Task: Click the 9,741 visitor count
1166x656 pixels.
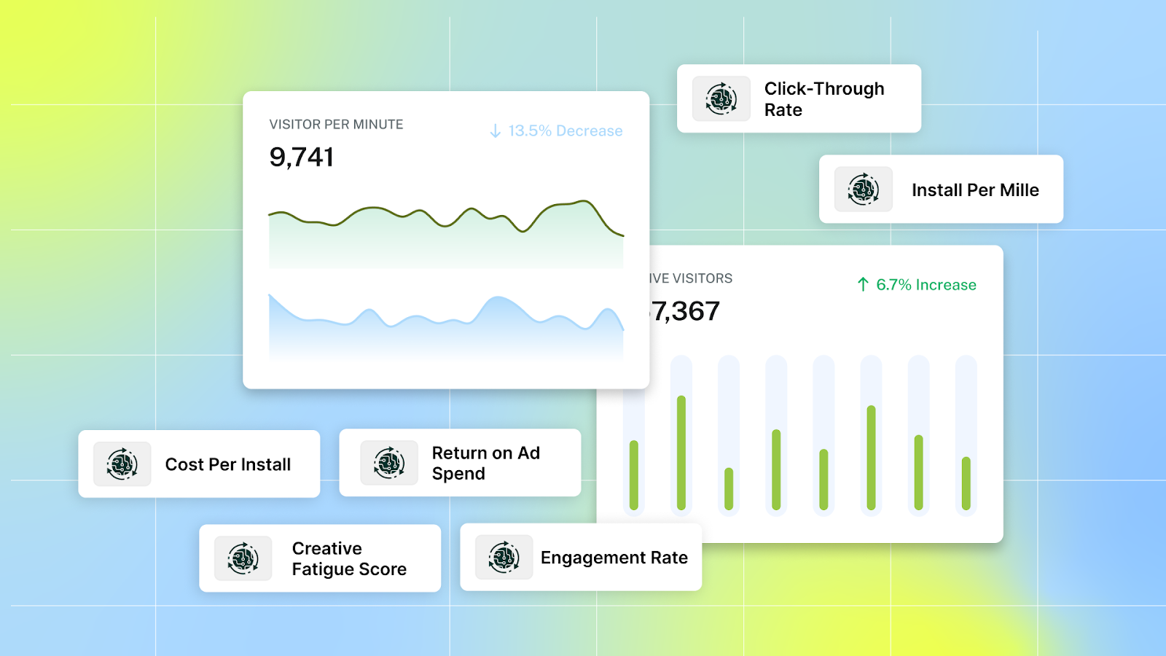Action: [302, 157]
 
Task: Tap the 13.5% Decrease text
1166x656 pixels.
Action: [565, 131]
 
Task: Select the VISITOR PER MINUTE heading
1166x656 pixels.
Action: [336, 125]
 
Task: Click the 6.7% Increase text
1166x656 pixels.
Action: [926, 285]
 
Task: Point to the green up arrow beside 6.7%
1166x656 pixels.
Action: [863, 284]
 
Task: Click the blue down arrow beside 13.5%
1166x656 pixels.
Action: [495, 131]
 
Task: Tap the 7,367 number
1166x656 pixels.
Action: [686, 312]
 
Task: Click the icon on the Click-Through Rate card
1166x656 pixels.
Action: [721, 99]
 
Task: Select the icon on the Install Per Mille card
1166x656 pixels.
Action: [863, 190]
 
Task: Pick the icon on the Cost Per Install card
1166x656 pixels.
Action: [122, 464]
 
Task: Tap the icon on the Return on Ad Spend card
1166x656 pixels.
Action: [389, 463]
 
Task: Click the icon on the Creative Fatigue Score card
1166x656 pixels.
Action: [243, 559]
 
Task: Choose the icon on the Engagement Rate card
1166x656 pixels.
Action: [504, 558]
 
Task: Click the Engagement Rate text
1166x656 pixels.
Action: [614, 558]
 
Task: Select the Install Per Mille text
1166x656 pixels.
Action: [975, 190]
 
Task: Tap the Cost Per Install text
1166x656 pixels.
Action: [227, 465]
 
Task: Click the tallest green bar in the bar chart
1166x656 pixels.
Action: [681, 452]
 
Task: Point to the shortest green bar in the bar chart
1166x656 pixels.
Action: [729, 488]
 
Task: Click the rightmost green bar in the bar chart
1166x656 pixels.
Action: [966, 483]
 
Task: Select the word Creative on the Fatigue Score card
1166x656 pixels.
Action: [326, 548]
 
